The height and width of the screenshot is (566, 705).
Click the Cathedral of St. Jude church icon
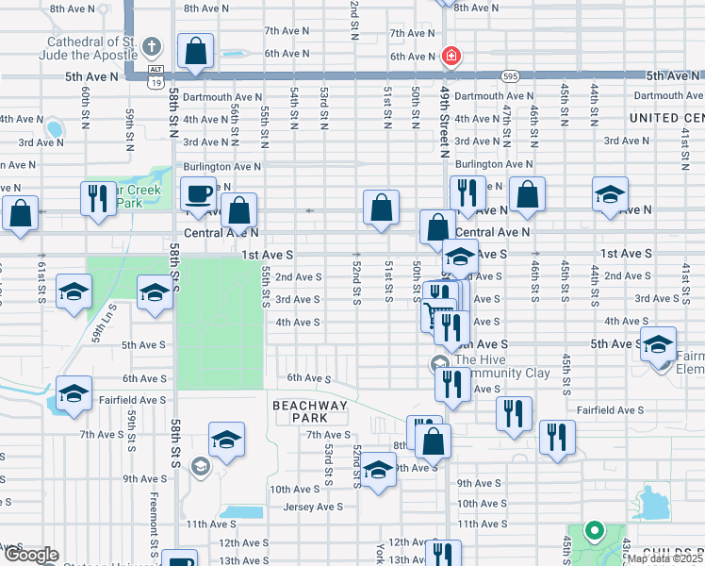click(154, 46)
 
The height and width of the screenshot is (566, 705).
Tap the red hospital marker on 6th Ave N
click(451, 57)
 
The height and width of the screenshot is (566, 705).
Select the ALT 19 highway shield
click(155, 75)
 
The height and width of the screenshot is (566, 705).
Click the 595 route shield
click(510, 75)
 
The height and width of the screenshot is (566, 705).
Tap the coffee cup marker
click(198, 193)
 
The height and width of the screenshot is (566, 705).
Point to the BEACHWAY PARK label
click(300, 410)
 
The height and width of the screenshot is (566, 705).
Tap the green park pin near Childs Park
click(594, 532)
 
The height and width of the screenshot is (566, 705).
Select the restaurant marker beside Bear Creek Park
click(98, 198)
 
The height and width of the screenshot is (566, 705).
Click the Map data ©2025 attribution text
click(665, 558)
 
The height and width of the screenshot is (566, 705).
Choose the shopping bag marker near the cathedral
click(195, 51)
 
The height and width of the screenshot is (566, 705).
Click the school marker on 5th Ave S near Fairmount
click(659, 344)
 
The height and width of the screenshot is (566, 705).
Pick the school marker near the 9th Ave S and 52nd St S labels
click(378, 471)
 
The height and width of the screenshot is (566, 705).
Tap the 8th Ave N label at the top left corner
click(73, 8)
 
